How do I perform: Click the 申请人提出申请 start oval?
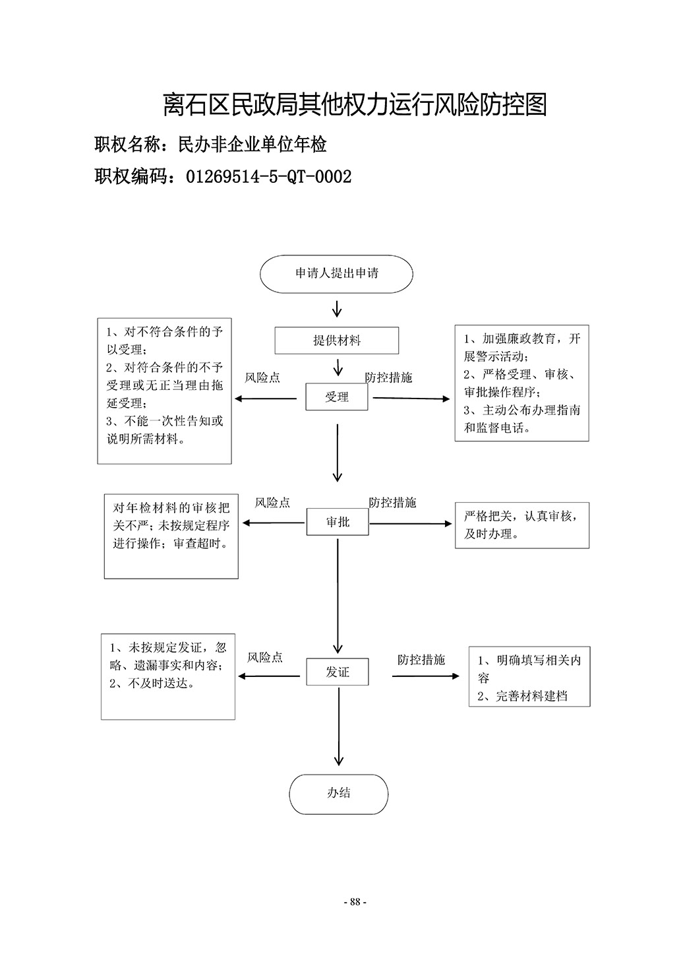click(x=336, y=274)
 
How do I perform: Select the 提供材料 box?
click(x=337, y=340)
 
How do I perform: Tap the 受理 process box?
click(x=337, y=397)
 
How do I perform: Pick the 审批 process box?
click(x=338, y=522)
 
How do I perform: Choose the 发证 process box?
click(x=338, y=671)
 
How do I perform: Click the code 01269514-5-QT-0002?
click(x=269, y=176)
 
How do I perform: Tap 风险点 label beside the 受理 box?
click(x=262, y=377)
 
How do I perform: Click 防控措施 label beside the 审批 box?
click(x=392, y=502)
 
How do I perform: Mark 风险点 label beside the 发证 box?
click(x=265, y=657)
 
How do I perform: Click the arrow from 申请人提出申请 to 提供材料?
click(x=337, y=309)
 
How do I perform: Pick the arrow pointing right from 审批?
click(x=411, y=524)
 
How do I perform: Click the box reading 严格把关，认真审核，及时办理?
click(x=522, y=525)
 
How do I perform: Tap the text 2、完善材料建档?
click(x=522, y=696)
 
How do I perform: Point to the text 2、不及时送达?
click(x=152, y=683)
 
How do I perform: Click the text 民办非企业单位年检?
click(x=252, y=145)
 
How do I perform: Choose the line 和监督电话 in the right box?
click(x=497, y=428)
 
